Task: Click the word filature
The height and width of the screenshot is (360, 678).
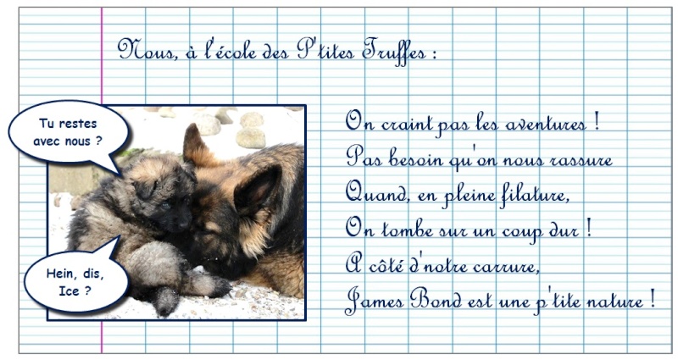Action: (x=533, y=194)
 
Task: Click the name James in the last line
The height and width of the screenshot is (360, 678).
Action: (x=375, y=299)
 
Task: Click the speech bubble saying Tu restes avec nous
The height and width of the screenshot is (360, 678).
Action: (x=69, y=133)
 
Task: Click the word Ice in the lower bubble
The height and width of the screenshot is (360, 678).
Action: (x=69, y=291)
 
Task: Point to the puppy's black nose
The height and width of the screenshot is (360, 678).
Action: (x=183, y=224)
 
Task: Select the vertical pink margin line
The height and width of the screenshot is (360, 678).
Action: (x=102, y=180)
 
